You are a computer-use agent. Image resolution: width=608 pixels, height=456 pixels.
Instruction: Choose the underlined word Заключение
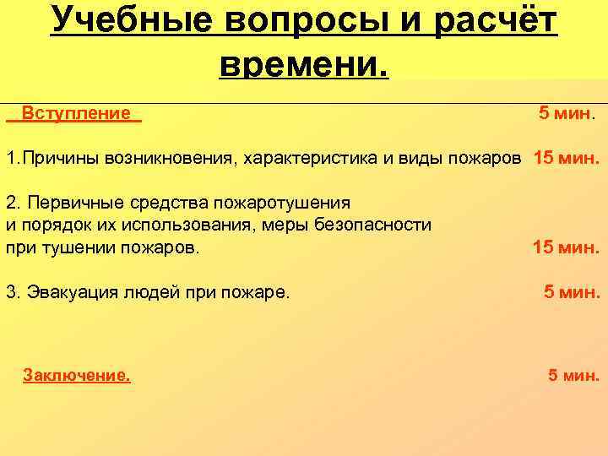coord(77,376)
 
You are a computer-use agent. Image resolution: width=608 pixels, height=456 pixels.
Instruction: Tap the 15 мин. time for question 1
coord(567,158)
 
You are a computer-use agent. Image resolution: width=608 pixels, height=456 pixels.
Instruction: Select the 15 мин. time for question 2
coord(567,247)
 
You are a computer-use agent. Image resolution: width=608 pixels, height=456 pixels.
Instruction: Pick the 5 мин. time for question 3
coord(572,293)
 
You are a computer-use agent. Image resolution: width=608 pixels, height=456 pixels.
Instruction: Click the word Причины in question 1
coord(60,158)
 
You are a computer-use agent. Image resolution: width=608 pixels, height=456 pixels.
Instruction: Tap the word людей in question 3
coord(153,293)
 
